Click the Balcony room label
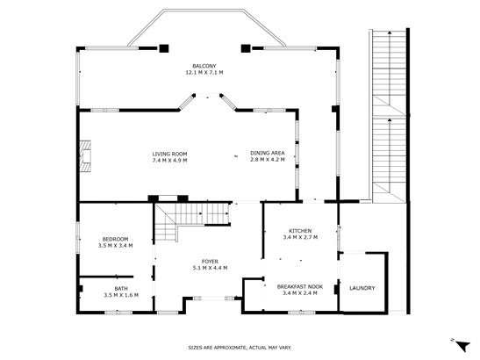pos(204,66)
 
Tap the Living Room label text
pos(169,155)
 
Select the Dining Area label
pos(268,153)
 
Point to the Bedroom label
pos(115,239)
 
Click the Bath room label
pos(121,289)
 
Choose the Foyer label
pos(210,262)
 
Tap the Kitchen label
pos(300,231)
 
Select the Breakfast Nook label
pos(300,287)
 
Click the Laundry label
pos(362,288)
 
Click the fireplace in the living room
pos(85,156)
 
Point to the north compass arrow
pos(462,346)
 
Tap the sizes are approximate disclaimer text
pos(240,348)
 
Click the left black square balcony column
pos(164,48)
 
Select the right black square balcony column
pos(246,48)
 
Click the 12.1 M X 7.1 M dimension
pos(204,73)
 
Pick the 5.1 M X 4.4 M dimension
pos(210,268)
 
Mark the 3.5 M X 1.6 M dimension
pos(121,295)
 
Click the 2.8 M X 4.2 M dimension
pos(268,159)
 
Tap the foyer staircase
pos(192,221)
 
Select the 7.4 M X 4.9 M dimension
pos(169,161)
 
